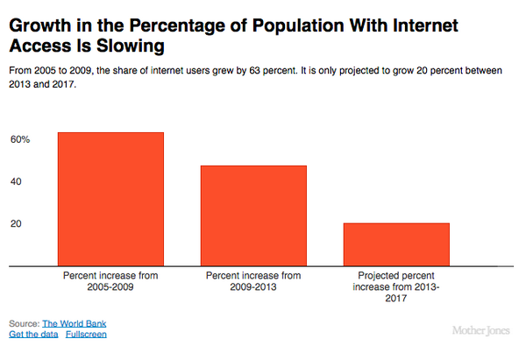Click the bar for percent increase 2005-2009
[x=110, y=198]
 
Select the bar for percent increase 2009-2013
[x=253, y=215]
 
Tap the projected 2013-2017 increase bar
[x=396, y=244]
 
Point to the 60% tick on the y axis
[x=20, y=139]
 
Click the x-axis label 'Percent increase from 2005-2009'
[x=110, y=280]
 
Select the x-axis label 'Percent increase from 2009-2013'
[x=253, y=280]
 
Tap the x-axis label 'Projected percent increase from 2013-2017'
[x=396, y=286]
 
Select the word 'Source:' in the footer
[x=24, y=323]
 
